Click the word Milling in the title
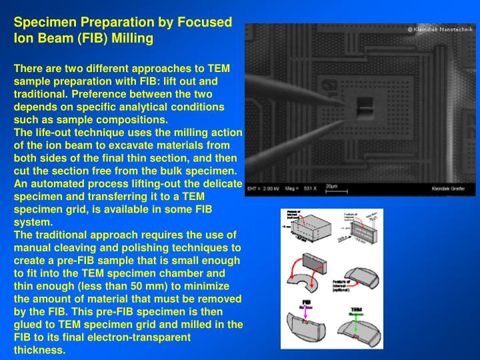click(x=133, y=39)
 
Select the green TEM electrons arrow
click(x=356, y=320)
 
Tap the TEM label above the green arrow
click(x=356, y=310)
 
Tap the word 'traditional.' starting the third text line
click(x=39, y=93)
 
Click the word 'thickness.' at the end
click(x=40, y=350)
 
